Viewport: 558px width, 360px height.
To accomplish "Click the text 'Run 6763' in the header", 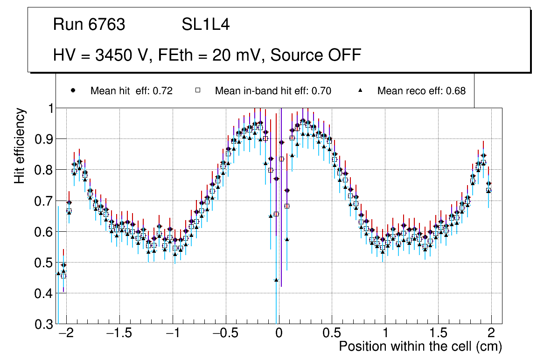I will (x=89, y=25).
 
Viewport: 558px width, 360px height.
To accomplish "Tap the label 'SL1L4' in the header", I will (x=205, y=25).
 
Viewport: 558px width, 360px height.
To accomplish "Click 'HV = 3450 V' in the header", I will (x=101, y=55).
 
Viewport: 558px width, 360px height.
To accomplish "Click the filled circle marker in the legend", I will (x=73, y=91).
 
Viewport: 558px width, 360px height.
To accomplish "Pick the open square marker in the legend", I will (x=197, y=91).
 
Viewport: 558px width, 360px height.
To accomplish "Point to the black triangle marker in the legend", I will (x=360, y=91).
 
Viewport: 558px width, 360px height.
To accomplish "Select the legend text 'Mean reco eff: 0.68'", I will (x=421, y=91).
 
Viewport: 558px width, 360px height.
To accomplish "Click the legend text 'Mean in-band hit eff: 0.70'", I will (x=273, y=91).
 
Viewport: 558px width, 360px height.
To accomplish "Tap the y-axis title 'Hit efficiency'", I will (x=20, y=145).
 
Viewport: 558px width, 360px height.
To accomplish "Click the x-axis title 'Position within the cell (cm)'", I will (x=420, y=346).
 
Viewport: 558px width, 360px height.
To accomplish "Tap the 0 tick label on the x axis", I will (x=279, y=333).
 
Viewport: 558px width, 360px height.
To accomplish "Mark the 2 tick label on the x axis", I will (x=491, y=333).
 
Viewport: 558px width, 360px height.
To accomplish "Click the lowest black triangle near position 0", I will (x=276, y=280).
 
